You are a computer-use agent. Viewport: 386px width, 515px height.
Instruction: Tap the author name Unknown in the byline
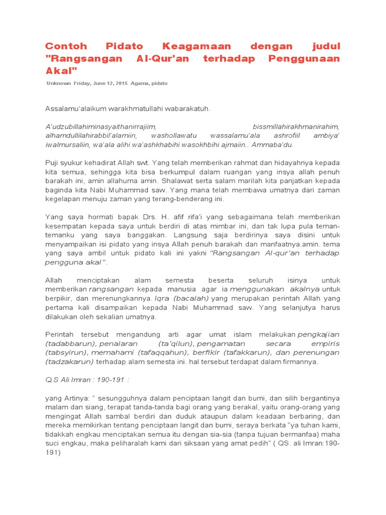pyautogui.click(x=58, y=83)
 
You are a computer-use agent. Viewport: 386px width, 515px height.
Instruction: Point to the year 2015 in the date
pyautogui.click(x=121, y=83)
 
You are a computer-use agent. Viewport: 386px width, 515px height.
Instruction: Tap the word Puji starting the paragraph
pyautogui.click(x=53, y=162)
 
